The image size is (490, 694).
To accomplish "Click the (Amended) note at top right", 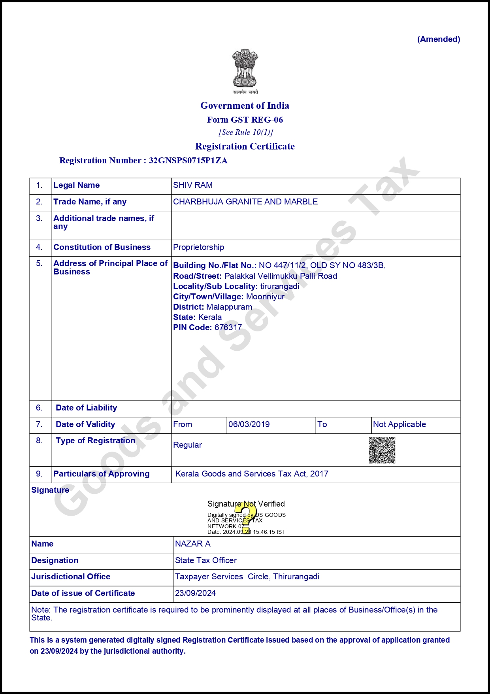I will (x=439, y=39).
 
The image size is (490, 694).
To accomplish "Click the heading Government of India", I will (x=245, y=106).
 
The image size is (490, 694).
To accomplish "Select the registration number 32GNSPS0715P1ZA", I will (x=188, y=161).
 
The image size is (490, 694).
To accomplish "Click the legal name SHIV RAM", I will (x=193, y=185).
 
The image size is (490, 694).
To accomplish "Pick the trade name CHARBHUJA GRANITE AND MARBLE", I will (x=245, y=202).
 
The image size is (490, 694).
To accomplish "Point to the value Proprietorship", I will (x=198, y=247).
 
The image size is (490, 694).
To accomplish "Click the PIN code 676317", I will (x=228, y=327).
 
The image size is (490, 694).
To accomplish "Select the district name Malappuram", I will (x=229, y=307).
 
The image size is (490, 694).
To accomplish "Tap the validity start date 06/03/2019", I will (x=249, y=424).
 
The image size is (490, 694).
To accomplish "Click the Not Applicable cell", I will (x=400, y=424).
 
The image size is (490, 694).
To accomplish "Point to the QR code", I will (x=382, y=450).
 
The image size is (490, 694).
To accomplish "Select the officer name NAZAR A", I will (x=193, y=544).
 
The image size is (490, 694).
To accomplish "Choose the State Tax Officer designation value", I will (x=206, y=560).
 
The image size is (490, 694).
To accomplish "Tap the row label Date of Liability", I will (x=87, y=408).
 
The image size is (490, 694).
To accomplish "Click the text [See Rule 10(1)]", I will (x=246, y=132).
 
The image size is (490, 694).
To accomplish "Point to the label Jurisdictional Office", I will (x=71, y=577).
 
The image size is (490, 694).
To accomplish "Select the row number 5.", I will (x=39, y=263).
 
